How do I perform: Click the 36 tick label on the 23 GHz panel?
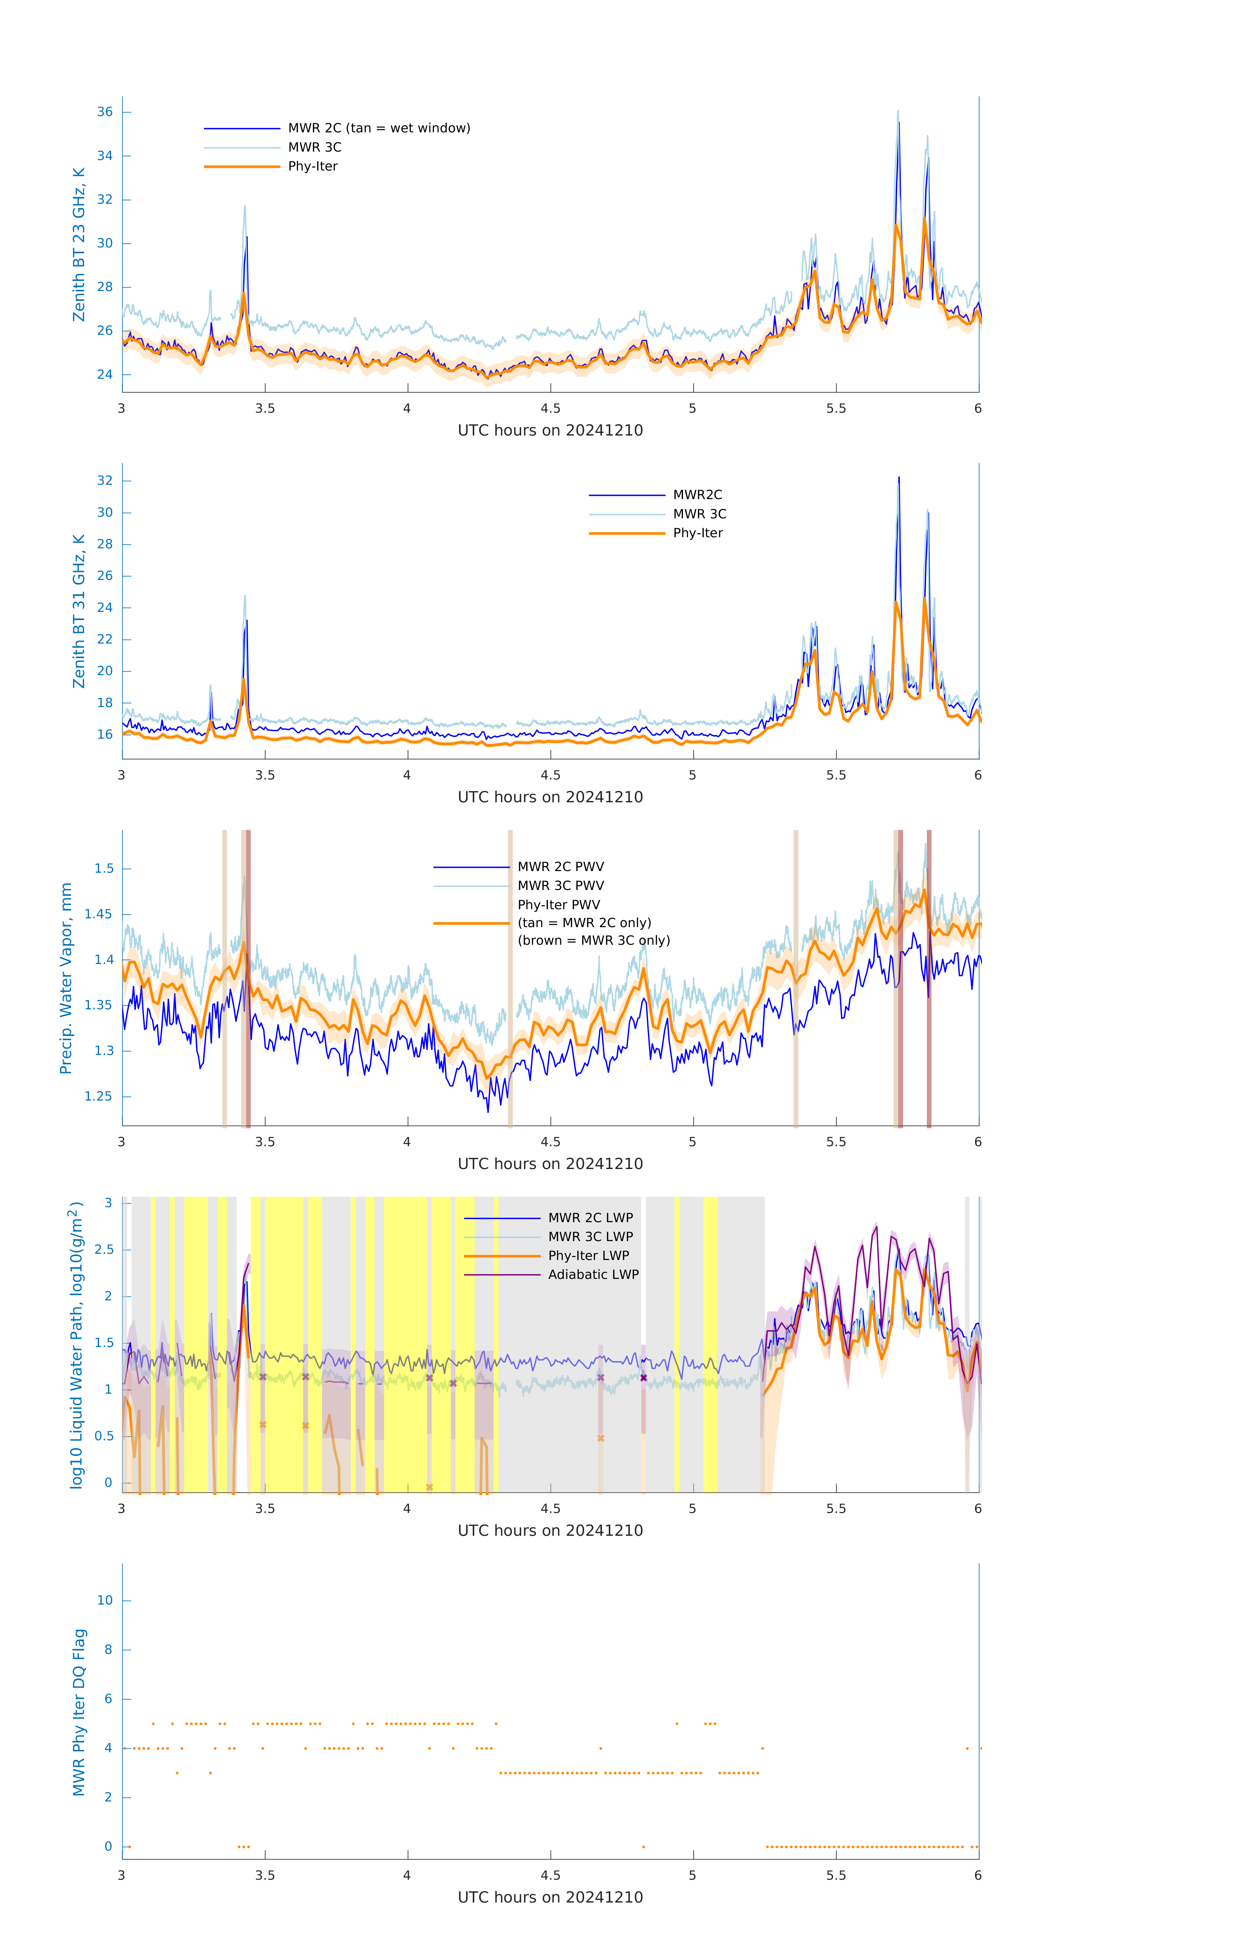(105, 112)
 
